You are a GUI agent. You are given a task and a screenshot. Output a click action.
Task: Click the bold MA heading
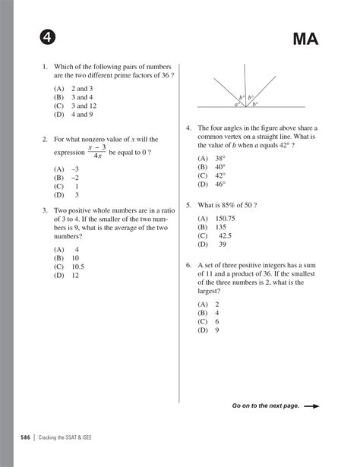[302, 38]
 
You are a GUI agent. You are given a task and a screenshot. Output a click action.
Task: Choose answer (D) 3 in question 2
[67, 194]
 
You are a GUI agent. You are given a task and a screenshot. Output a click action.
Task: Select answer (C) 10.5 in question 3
[69, 267]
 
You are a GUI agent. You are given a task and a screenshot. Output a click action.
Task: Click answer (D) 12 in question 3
[67, 276]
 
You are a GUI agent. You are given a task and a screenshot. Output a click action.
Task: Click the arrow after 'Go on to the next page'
[311, 406]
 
